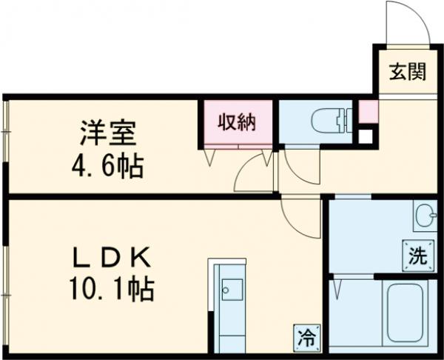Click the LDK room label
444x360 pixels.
click(111, 260)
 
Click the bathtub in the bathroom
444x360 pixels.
click(404, 316)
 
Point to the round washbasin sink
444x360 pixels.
click(425, 217)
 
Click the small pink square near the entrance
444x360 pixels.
click(368, 113)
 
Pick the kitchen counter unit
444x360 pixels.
click(231, 304)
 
